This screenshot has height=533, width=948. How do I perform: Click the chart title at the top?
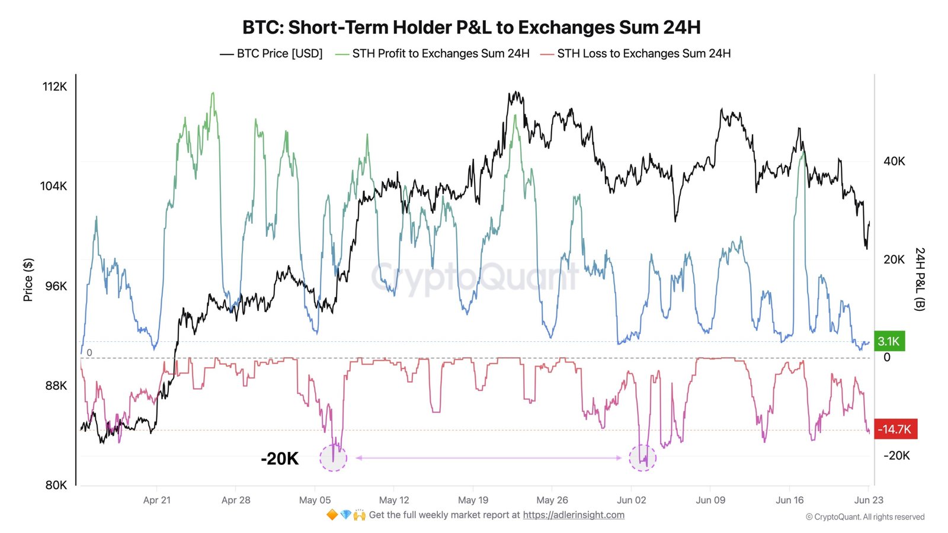point(472,27)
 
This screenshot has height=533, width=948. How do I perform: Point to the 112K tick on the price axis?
point(55,86)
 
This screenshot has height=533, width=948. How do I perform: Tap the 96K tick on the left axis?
point(56,286)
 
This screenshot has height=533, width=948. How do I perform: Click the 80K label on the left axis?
point(56,485)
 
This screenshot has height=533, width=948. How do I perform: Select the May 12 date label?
point(394,500)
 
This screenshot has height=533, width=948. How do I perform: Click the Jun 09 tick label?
point(710,500)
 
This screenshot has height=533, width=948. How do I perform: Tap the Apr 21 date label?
point(156,500)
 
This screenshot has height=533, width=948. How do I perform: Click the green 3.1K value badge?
point(889,341)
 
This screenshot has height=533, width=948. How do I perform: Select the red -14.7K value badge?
point(895,429)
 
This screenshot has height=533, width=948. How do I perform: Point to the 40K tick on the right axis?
point(894,161)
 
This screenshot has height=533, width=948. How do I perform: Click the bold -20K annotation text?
point(280,458)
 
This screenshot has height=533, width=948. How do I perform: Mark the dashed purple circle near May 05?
point(333,458)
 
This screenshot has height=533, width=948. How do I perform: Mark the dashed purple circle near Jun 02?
point(642,458)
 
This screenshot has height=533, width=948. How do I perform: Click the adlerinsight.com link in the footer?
point(573,515)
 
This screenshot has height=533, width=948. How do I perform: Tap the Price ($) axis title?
point(28,280)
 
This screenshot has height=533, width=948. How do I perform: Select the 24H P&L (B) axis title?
point(920,279)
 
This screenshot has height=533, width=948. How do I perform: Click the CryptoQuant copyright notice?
point(865,517)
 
